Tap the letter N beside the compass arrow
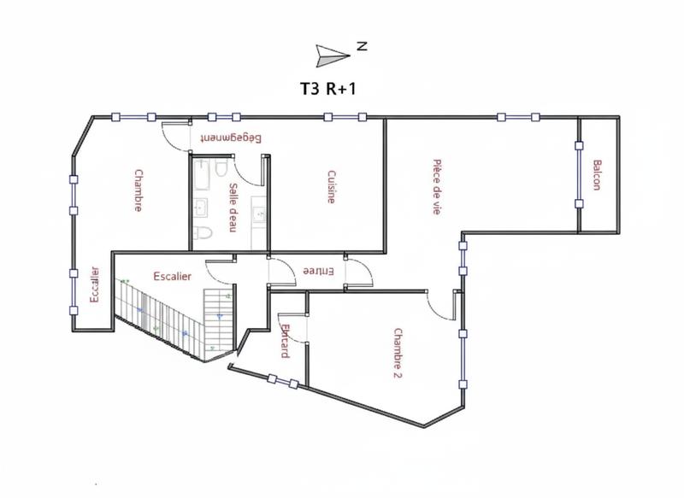click(362, 49)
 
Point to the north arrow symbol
click(331, 55)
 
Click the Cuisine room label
click(331, 187)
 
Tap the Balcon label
click(597, 175)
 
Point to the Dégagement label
click(230, 138)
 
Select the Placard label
click(285, 341)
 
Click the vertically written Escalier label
click(94, 290)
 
